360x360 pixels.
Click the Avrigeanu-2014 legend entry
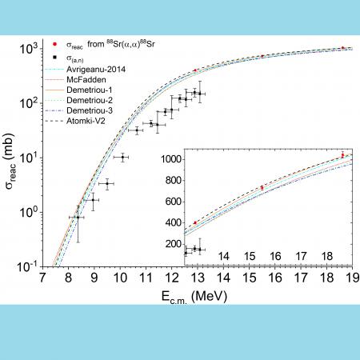coord(96,70)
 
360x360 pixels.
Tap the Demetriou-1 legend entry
coord(90,90)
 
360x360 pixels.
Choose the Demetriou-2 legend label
coord(90,100)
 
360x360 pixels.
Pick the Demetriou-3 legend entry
coord(90,110)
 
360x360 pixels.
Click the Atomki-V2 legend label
coord(86,121)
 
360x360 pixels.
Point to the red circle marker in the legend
coord(55,44)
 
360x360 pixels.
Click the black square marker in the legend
coord(55,58)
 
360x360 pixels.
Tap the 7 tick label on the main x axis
coord(42,278)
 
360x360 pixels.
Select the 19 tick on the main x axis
coord(353,278)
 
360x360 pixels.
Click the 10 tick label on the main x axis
coord(120,278)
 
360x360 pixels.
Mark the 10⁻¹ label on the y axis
coord(28,266)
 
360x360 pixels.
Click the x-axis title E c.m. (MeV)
coord(194,297)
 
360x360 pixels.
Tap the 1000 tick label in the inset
coord(171,159)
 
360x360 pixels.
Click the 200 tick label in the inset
coord(174,244)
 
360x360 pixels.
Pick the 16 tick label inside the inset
coord(275,256)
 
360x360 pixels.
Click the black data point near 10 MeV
coord(122,158)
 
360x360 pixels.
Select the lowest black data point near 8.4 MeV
coord(78,218)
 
